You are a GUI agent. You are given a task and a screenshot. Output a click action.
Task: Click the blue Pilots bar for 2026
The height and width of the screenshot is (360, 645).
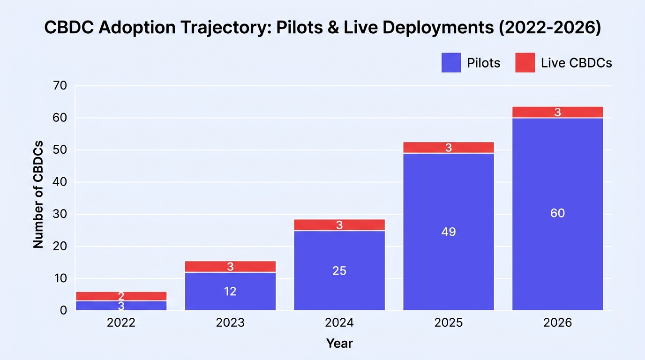(557, 214)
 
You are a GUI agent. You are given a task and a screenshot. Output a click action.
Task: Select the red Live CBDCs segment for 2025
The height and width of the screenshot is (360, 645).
(449, 147)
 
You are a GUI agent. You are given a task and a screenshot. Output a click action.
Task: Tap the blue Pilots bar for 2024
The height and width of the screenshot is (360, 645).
(339, 271)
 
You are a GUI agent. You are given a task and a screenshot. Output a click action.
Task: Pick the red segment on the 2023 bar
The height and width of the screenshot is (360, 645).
(230, 266)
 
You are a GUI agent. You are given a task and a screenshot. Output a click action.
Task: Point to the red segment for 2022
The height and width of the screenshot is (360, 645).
(121, 296)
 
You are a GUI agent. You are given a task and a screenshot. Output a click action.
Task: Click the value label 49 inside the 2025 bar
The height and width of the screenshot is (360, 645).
(449, 232)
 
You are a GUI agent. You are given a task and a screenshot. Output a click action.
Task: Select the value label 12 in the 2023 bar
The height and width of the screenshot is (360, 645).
(230, 292)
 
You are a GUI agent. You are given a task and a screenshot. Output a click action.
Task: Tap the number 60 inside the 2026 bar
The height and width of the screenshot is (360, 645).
(557, 213)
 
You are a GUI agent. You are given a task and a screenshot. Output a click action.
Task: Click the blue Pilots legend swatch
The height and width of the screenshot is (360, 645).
(451, 62)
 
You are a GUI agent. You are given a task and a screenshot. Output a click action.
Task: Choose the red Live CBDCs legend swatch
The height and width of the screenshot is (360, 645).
(525, 62)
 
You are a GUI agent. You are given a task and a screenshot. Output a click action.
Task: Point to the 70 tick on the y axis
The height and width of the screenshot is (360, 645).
(60, 85)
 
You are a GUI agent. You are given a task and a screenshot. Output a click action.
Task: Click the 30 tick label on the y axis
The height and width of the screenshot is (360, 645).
(60, 214)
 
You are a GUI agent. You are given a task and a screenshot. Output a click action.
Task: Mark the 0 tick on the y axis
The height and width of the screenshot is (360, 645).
(63, 310)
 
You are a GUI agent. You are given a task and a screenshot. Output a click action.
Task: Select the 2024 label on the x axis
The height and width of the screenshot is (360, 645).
(339, 322)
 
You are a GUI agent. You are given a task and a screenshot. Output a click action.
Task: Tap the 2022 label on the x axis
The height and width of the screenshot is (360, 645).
(121, 322)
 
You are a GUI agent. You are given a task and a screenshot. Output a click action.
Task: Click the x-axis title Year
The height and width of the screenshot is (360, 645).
(339, 343)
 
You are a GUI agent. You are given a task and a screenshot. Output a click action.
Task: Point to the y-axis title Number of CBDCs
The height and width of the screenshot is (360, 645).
(38, 195)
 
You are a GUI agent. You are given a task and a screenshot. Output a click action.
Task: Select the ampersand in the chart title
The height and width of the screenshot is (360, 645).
(333, 27)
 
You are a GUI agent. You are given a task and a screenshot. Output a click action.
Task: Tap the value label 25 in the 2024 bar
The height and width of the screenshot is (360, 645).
(339, 271)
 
